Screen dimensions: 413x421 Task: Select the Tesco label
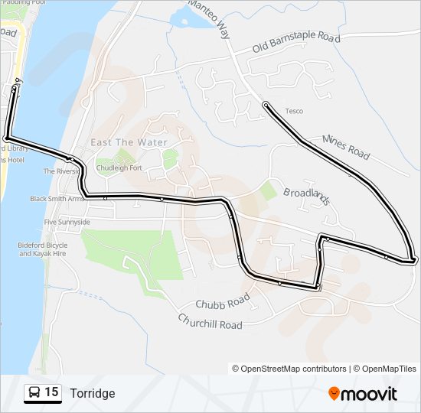pyautogui.click(x=294, y=112)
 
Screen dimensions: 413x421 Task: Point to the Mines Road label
pyautogui.click(x=346, y=147)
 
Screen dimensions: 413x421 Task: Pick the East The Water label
pyautogui.click(x=129, y=142)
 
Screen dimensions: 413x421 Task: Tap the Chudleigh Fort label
pyautogui.click(x=119, y=168)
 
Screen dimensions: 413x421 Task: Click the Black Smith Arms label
pyautogui.click(x=56, y=199)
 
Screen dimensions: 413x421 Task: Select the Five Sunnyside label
pyautogui.click(x=67, y=222)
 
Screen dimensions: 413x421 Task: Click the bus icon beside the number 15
pyautogui.click(x=34, y=393)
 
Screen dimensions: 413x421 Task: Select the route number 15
pyautogui.click(x=51, y=392)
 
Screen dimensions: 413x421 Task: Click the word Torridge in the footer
pyautogui.click(x=92, y=393)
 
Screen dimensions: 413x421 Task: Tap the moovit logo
pyautogui.click(x=363, y=394)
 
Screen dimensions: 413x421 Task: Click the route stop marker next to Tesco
pyautogui.click(x=266, y=104)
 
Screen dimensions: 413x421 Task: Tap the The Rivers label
pyautogui.click(x=59, y=171)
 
